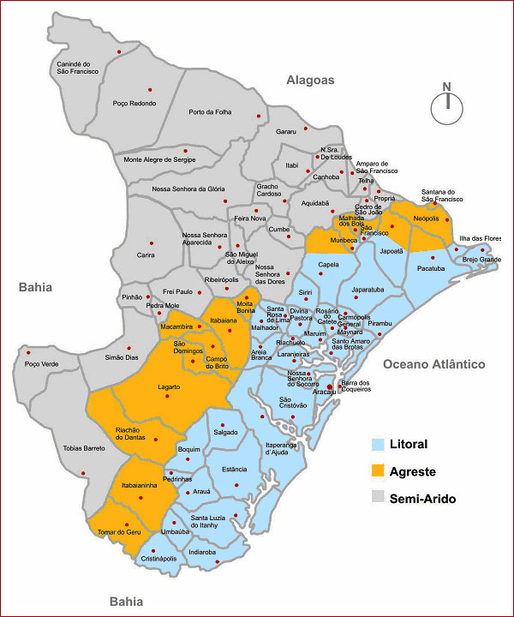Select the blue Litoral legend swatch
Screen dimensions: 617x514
(379, 444)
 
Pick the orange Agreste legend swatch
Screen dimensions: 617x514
(379, 471)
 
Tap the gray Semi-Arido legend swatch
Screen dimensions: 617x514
(379, 498)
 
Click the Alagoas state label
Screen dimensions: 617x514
(309, 80)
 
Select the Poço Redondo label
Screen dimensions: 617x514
(134, 103)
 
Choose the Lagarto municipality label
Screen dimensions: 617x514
(168, 387)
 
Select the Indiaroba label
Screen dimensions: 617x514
(203, 553)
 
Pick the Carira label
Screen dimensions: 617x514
(146, 255)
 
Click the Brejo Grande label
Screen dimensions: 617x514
(481, 259)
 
